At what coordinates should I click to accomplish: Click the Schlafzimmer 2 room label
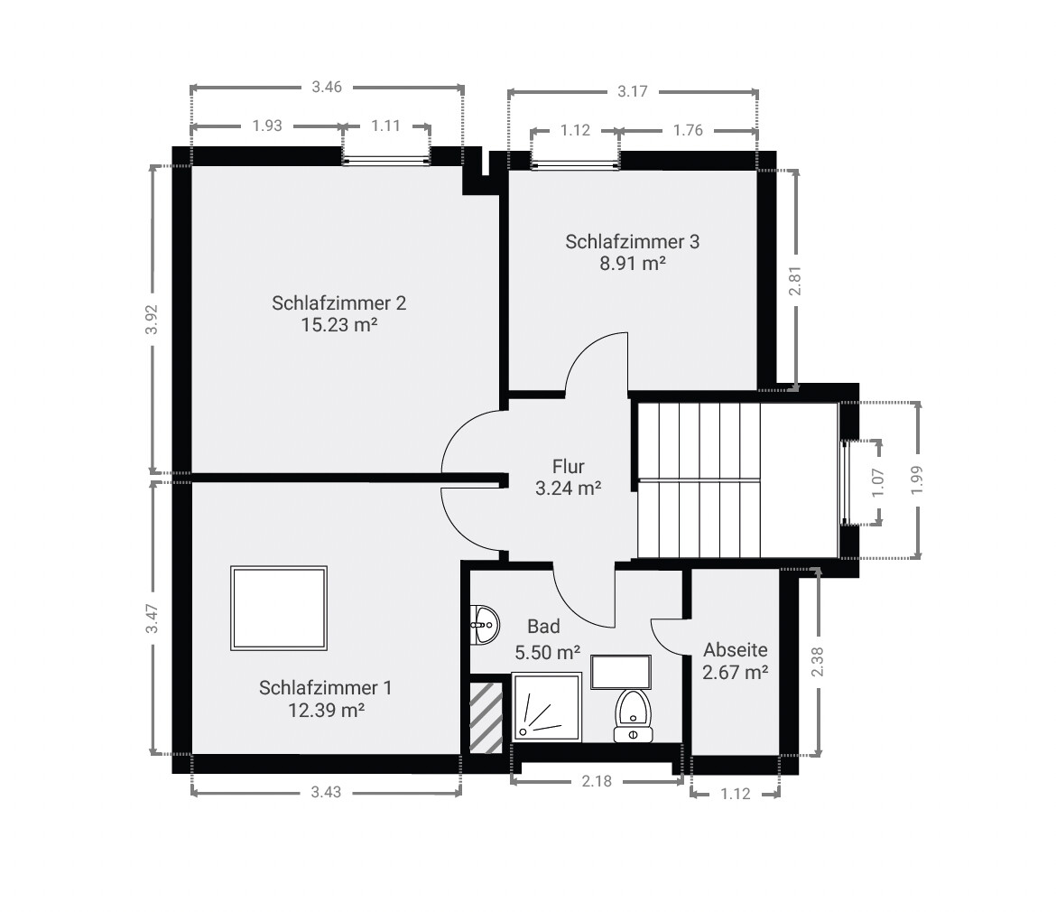tap(338, 303)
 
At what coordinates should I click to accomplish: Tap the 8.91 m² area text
tap(633, 263)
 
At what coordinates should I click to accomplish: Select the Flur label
tap(568, 466)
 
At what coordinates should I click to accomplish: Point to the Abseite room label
tap(736, 650)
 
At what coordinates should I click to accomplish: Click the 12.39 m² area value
tap(326, 710)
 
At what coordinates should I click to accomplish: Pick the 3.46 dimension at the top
tap(327, 87)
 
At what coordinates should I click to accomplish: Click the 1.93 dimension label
tap(266, 126)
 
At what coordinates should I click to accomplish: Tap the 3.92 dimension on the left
tap(153, 320)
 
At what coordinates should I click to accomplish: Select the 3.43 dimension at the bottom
tap(326, 792)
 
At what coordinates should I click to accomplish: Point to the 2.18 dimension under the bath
tap(597, 781)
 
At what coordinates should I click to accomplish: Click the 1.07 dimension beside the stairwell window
tap(877, 482)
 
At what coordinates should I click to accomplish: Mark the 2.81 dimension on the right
tap(795, 280)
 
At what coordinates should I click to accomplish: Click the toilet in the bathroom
tap(633, 715)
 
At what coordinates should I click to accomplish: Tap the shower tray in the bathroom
tap(547, 706)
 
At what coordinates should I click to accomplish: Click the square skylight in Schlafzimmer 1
tap(279, 609)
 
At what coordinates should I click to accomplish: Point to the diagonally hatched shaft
tap(486, 718)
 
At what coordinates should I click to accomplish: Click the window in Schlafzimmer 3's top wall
tap(574, 164)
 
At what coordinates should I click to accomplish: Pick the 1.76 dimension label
tap(688, 130)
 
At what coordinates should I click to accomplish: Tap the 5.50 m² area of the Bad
tap(548, 652)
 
